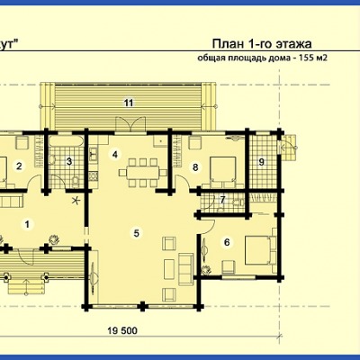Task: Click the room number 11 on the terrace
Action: [x=129, y=103]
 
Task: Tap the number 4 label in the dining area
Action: [x=115, y=155]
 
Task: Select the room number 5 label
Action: [x=137, y=233]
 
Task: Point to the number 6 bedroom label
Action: [x=227, y=242]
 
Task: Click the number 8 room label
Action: [x=195, y=167]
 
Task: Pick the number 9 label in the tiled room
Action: [x=261, y=162]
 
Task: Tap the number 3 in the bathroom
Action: [x=69, y=162]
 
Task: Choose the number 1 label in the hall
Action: [x=28, y=224]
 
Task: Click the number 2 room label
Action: [x=19, y=166]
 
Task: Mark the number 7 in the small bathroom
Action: [x=222, y=200]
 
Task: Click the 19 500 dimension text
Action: [x=122, y=331]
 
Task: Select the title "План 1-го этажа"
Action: [x=262, y=44]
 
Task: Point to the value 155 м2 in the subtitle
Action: [x=311, y=58]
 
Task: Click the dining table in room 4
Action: [x=143, y=173]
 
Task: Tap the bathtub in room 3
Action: [x=67, y=141]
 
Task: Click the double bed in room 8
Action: [x=223, y=170]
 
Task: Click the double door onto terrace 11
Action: [x=130, y=123]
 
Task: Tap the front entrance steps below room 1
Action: [x=26, y=286]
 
